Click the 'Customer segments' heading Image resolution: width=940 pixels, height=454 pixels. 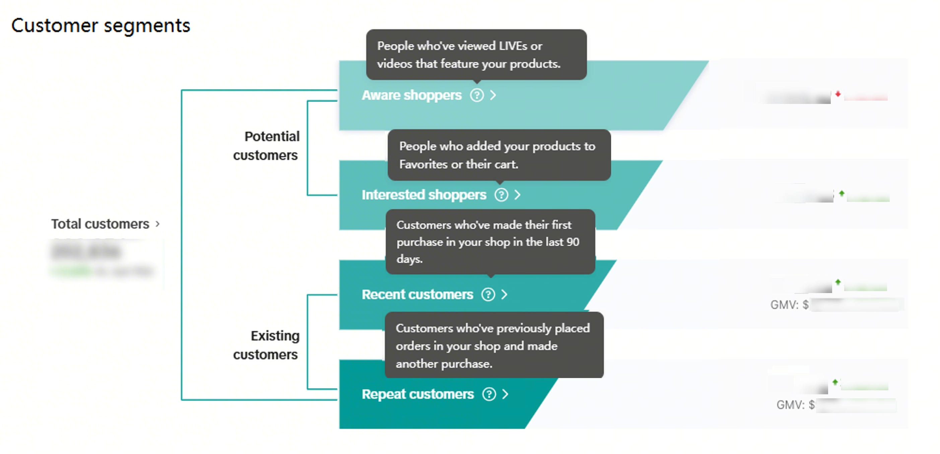(101, 25)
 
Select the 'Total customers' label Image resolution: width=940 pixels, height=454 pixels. (100, 224)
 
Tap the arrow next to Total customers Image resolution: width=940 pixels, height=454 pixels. (158, 224)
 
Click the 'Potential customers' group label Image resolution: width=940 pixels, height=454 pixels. (266, 146)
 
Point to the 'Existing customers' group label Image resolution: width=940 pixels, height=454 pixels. (266, 345)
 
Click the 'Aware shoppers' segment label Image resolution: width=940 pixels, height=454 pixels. (412, 95)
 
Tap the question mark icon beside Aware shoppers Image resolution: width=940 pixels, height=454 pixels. (477, 95)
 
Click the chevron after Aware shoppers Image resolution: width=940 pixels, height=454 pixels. (493, 95)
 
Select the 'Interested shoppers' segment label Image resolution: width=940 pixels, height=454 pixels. (424, 195)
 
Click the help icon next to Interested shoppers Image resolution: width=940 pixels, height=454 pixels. (501, 195)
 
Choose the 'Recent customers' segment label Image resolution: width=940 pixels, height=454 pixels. (417, 294)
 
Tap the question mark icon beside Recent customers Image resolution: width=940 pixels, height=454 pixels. (488, 294)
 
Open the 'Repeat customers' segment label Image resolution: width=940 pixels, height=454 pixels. (417, 394)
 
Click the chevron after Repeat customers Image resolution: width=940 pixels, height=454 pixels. (506, 394)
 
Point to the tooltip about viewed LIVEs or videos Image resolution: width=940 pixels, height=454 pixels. (476, 55)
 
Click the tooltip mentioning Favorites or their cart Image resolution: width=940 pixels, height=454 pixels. (499, 155)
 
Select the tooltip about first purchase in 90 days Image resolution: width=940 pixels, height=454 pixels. (490, 242)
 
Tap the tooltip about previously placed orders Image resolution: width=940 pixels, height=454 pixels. (494, 345)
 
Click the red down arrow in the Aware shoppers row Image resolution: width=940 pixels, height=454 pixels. (838, 94)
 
